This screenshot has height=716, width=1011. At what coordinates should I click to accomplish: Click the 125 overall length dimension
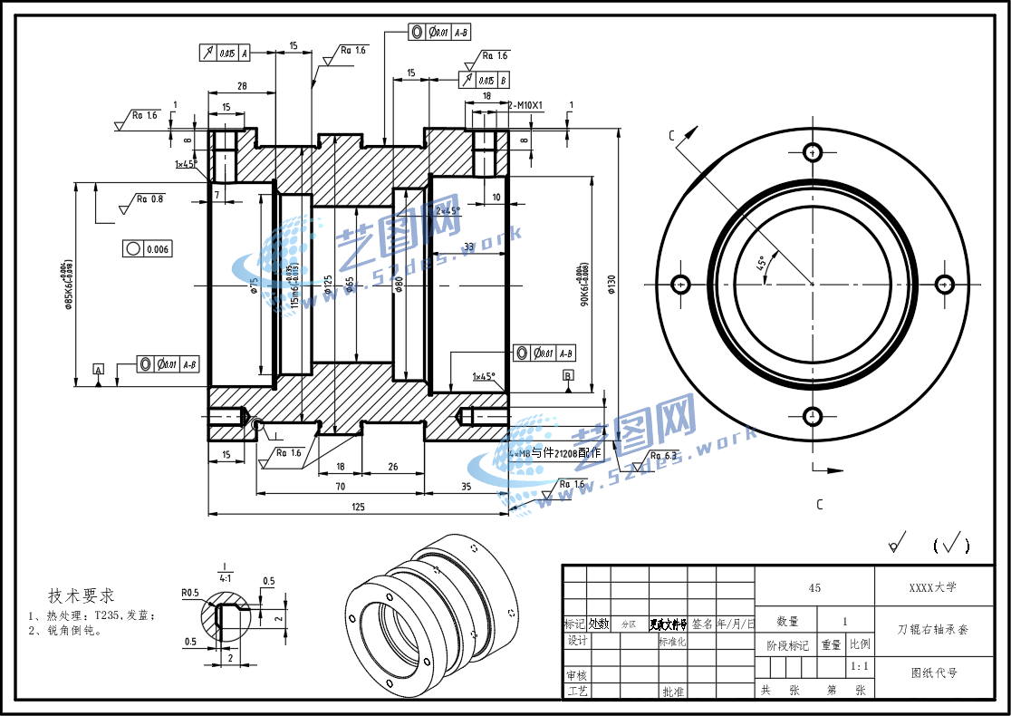358,507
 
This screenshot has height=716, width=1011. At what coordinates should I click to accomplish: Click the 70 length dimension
340,487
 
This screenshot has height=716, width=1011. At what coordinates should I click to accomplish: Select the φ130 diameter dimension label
611,285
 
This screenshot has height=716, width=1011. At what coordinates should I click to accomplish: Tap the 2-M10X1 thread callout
525,105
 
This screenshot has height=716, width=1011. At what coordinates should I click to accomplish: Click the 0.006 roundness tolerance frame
146,248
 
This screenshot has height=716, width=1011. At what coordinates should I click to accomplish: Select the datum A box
98,369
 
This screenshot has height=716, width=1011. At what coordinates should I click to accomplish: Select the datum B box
568,375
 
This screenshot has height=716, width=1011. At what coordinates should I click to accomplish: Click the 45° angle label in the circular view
763,264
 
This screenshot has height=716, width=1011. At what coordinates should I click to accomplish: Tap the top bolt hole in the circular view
812,151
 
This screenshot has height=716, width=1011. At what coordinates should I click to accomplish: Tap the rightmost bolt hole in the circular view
944,285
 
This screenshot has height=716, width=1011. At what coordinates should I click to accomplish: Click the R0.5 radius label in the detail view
189,593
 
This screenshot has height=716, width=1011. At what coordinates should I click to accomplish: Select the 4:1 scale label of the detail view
224,576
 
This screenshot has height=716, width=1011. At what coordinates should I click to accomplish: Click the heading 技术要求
82,595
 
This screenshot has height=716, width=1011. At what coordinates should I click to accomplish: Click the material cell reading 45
814,588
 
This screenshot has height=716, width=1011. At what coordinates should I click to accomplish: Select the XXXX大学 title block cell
932,587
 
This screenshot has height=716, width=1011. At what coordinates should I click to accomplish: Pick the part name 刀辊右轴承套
932,629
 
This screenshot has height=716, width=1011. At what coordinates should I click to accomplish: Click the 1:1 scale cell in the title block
860,666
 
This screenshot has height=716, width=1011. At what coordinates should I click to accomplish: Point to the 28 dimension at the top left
242,86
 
